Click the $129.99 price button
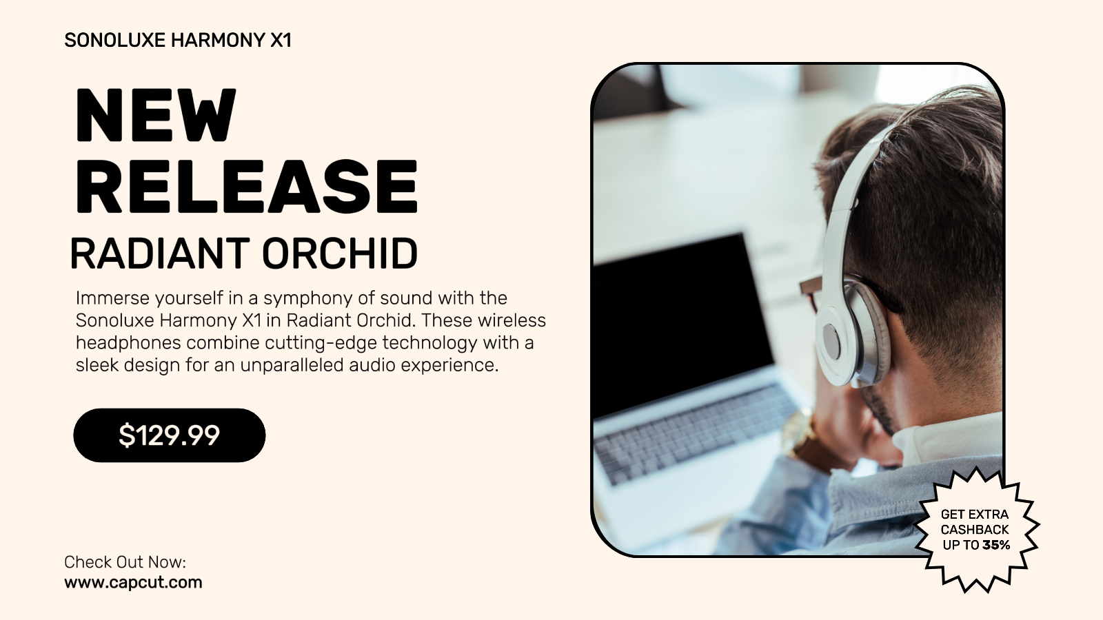pyautogui.click(x=170, y=435)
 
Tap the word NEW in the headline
pyautogui.click(x=156, y=115)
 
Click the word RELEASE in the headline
pyautogui.click(x=246, y=187)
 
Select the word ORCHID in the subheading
pyautogui.click(x=339, y=254)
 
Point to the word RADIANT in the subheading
pyautogui.click(x=159, y=254)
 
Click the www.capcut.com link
pyautogui.click(x=133, y=583)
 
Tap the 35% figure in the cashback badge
pyautogui.click(x=996, y=545)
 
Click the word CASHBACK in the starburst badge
pyautogui.click(x=975, y=530)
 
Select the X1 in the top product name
pyautogui.click(x=281, y=41)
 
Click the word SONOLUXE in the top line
pyautogui.click(x=114, y=41)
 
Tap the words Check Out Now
pyautogui.click(x=125, y=562)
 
